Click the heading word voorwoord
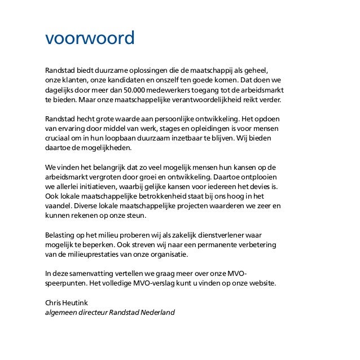coord(90,39)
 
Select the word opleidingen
coord(190,129)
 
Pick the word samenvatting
coord(91,273)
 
